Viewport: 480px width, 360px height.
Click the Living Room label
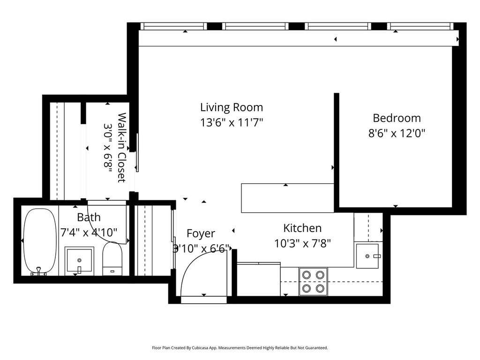coord(232,107)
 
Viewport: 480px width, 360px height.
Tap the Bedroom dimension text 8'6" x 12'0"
coord(397,133)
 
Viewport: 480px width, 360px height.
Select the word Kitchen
coord(302,228)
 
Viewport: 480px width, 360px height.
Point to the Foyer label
coord(201,233)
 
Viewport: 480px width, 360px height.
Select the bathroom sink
coord(79,261)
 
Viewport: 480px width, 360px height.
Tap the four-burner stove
coord(313,282)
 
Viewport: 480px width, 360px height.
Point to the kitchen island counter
coord(287,198)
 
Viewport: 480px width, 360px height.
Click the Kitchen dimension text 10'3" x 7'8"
coord(302,244)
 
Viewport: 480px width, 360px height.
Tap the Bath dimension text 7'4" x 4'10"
coord(89,233)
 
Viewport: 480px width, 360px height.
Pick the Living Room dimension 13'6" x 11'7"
coord(232,123)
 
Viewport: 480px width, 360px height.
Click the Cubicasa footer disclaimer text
coord(240,348)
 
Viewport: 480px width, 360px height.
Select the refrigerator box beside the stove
coord(259,279)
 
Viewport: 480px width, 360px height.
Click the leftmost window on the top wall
coord(173,26)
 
